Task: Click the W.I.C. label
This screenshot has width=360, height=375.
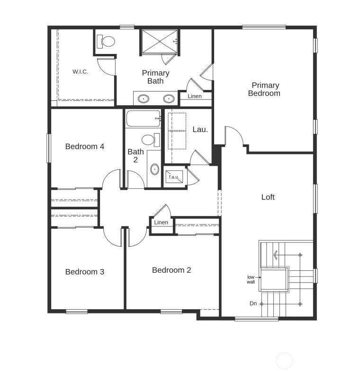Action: pyautogui.click(x=80, y=71)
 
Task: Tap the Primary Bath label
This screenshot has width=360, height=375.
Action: pyautogui.click(x=155, y=77)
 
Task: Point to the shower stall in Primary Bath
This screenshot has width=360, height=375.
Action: pyautogui.click(x=159, y=42)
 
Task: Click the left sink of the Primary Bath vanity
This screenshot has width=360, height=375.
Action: pyautogui.click(x=143, y=99)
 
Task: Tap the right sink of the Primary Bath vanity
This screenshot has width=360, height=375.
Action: pyautogui.click(x=168, y=99)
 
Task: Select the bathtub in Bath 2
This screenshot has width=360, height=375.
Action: pyautogui.click(x=143, y=118)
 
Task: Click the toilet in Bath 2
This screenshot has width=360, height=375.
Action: pyautogui.click(x=150, y=140)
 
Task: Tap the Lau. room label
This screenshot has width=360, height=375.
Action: pyautogui.click(x=200, y=129)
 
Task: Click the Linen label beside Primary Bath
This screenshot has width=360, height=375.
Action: pyautogui.click(x=194, y=96)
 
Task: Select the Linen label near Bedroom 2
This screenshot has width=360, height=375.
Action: pyautogui.click(x=161, y=223)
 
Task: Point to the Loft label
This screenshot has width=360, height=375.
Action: pyautogui.click(x=268, y=197)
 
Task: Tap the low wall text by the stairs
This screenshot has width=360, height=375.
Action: pyautogui.click(x=251, y=279)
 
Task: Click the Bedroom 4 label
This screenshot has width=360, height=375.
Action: pyautogui.click(x=85, y=146)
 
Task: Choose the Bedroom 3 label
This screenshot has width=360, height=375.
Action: pyautogui.click(x=85, y=272)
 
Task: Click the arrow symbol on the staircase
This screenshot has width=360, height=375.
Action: pyautogui.click(x=276, y=255)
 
